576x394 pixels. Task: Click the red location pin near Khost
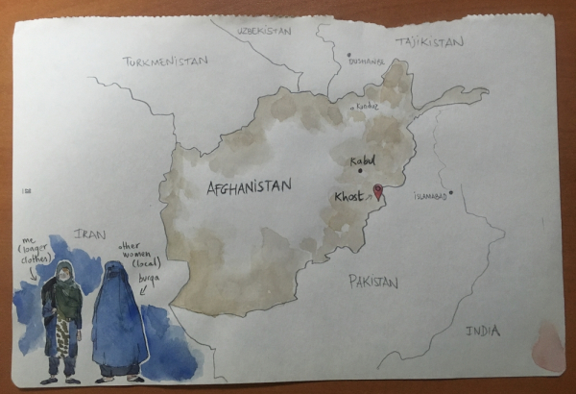tap(377, 191)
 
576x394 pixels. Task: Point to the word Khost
tap(348, 197)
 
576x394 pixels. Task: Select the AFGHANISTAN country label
tap(249, 186)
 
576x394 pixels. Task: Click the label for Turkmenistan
tap(165, 62)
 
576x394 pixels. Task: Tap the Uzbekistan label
tap(263, 31)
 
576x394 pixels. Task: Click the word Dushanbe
tap(367, 62)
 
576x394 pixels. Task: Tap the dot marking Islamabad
tap(450, 191)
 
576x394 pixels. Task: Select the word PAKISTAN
tap(372, 282)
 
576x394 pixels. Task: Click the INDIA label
tap(482, 332)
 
